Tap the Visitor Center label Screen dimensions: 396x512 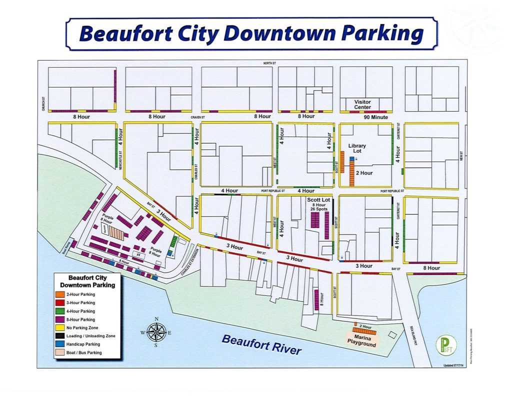point(362,104)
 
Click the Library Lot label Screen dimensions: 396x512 point(357,148)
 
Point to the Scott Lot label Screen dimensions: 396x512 point(318,200)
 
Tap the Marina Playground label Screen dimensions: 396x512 point(361,341)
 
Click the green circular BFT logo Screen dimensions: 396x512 point(443,345)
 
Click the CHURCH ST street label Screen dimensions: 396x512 point(43,104)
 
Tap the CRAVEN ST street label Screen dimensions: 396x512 point(198,117)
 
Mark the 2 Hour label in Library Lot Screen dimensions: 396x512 point(364,173)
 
